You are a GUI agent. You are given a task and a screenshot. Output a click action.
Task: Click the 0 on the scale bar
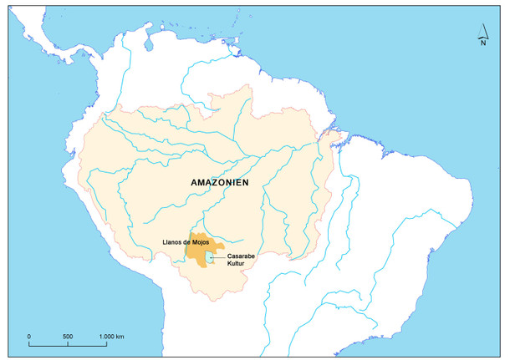29,336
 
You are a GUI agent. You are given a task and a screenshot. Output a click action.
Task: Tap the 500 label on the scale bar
68,336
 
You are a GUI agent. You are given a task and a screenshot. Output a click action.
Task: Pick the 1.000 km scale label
110,336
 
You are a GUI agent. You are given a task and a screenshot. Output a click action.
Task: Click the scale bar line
68,343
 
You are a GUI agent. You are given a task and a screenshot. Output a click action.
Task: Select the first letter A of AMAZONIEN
194,182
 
